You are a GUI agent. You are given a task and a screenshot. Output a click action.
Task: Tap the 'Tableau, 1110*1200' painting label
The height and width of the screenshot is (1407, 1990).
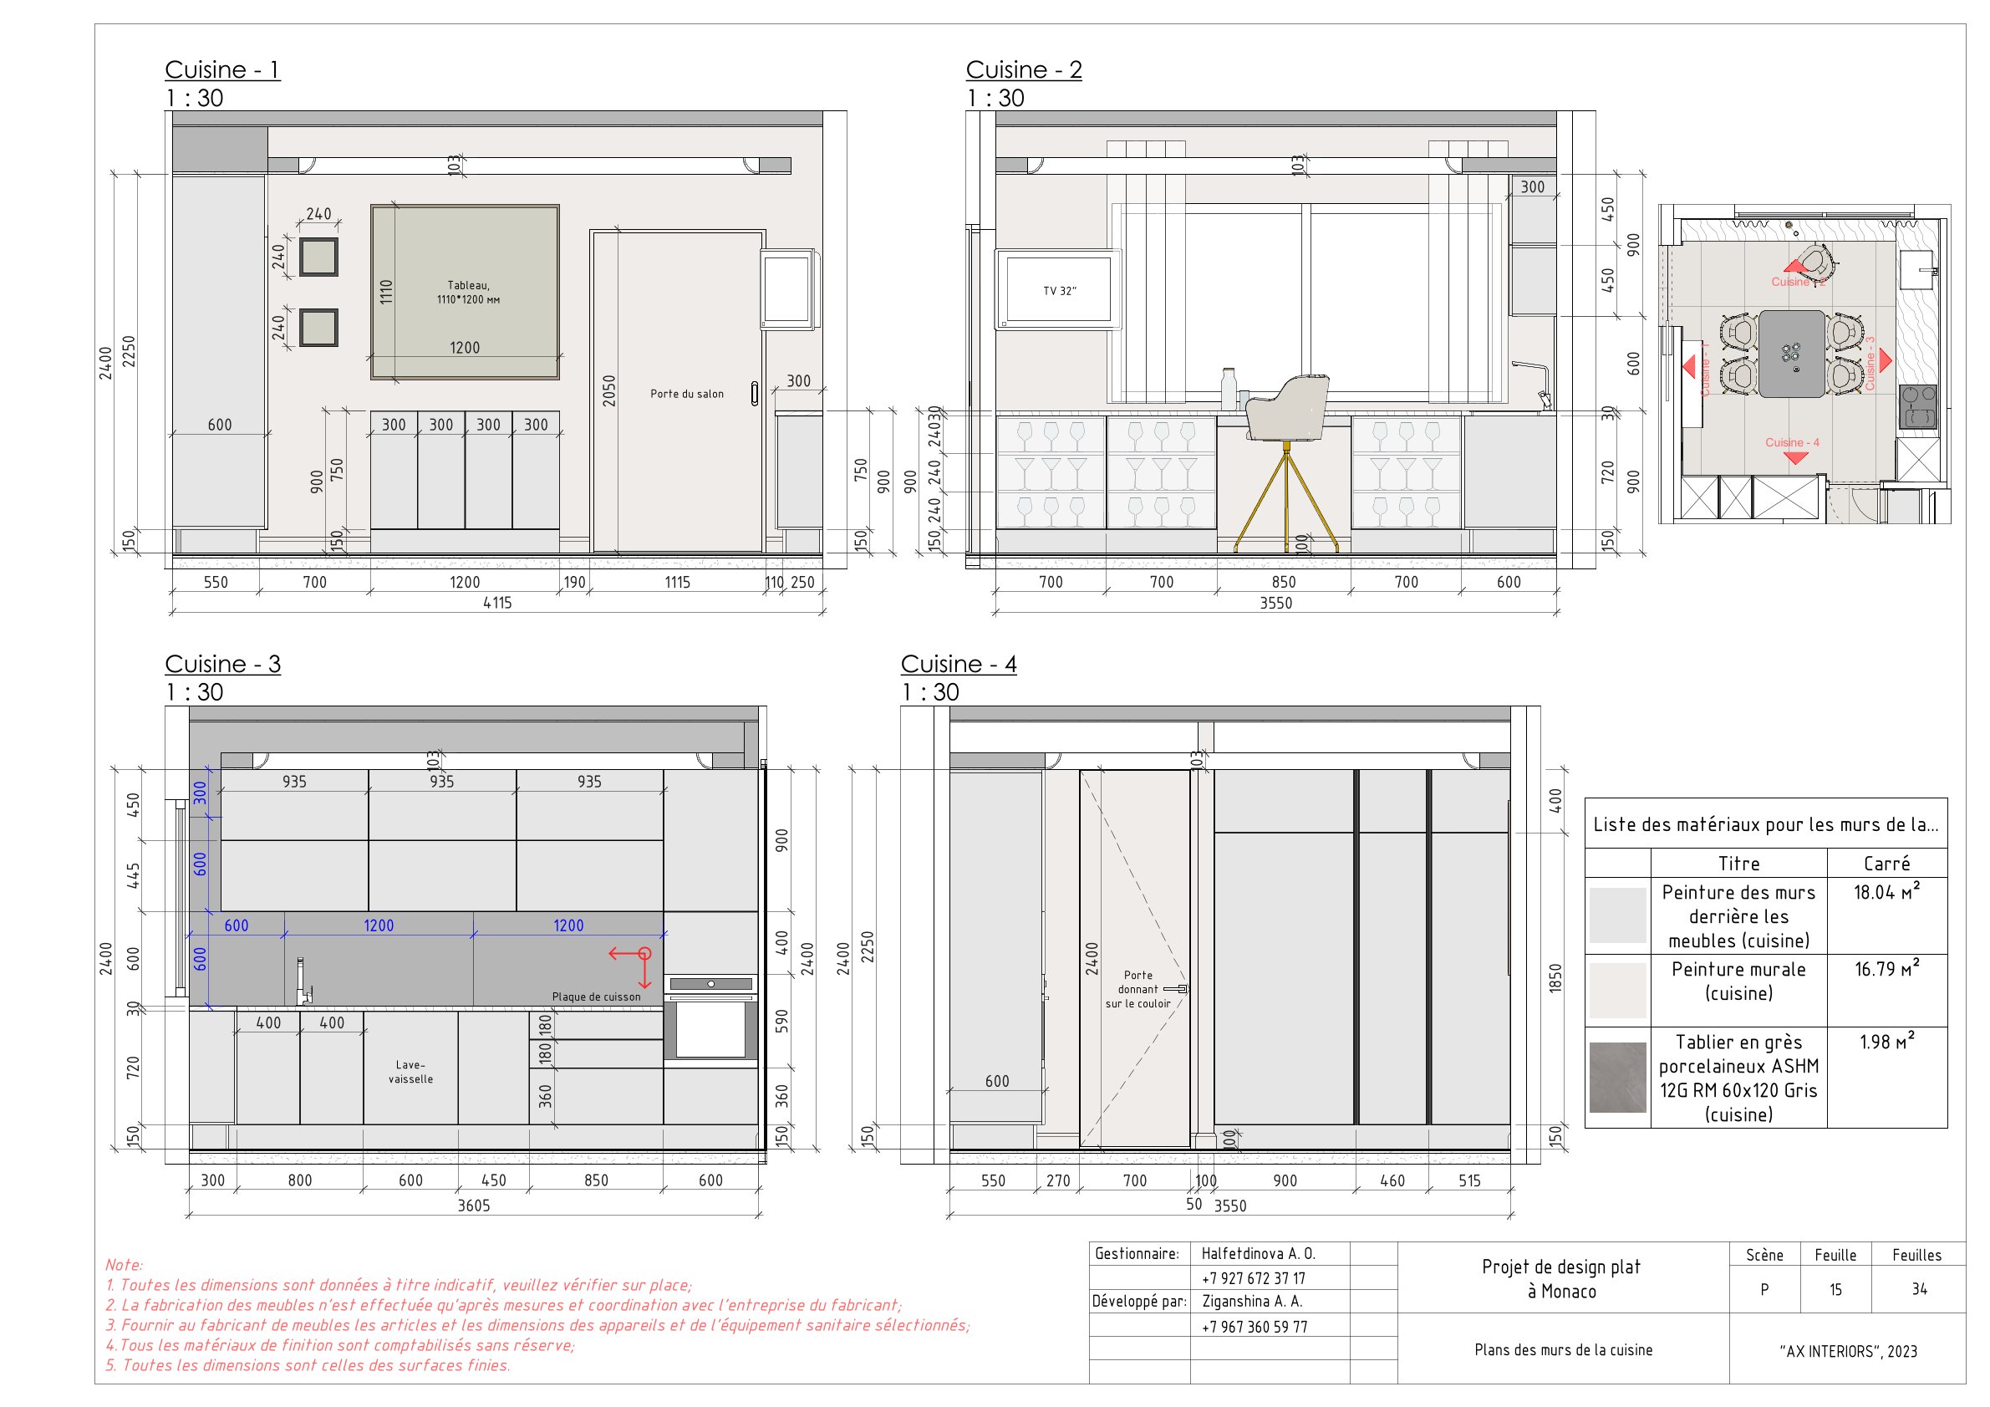[468, 292]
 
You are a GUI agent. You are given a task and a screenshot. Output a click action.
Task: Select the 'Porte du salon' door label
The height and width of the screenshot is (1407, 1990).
[686, 394]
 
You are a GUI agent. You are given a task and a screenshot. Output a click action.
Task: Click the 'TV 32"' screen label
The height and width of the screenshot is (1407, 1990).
[1059, 291]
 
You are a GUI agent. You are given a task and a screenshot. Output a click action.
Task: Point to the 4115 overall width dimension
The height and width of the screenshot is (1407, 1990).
[497, 603]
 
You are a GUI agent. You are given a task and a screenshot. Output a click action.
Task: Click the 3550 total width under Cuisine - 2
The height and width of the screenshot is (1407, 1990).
[1275, 603]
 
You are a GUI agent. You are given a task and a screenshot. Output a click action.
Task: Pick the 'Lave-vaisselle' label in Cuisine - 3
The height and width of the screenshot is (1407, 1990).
[411, 1072]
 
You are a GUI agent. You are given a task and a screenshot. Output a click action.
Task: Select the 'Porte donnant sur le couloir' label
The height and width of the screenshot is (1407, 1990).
[1138, 989]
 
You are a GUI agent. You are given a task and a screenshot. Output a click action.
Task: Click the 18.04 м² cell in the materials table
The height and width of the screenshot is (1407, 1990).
[1886, 892]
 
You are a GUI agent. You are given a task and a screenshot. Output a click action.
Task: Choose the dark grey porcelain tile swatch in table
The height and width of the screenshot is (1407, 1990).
[1617, 1077]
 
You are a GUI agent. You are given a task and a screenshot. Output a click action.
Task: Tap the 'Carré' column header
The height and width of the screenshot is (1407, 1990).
[1886, 864]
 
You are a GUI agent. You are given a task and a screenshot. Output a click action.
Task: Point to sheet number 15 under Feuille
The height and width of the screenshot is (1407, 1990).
[1835, 1290]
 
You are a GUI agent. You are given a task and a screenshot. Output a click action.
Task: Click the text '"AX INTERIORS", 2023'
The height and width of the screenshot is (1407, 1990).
[1848, 1351]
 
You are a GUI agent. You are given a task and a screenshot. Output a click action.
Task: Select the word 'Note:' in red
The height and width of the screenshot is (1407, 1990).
[124, 1265]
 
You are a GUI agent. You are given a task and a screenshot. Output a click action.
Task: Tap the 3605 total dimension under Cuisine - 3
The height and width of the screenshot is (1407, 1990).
[473, 1205]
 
